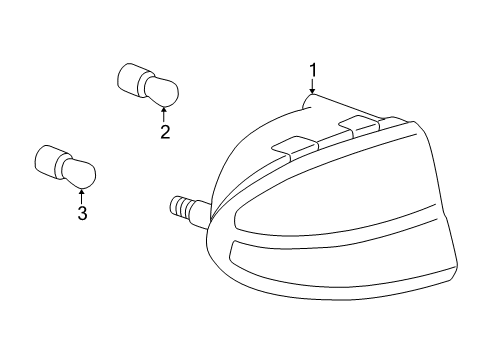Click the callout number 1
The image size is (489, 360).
313,70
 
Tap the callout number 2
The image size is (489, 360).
165,132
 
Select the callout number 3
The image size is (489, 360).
82,213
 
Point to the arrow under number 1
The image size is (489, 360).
312,86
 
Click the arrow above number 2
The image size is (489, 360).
164,114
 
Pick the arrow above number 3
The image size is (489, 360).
81,196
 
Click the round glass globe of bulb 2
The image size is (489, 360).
163,91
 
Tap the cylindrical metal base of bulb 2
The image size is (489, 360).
128,78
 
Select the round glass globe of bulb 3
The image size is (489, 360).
80,173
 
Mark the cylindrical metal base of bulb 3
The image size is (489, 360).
46,161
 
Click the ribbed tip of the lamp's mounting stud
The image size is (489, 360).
180,207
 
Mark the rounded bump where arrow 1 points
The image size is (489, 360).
308,101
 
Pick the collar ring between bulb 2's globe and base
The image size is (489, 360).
143,84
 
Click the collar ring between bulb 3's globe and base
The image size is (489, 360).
60,166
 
